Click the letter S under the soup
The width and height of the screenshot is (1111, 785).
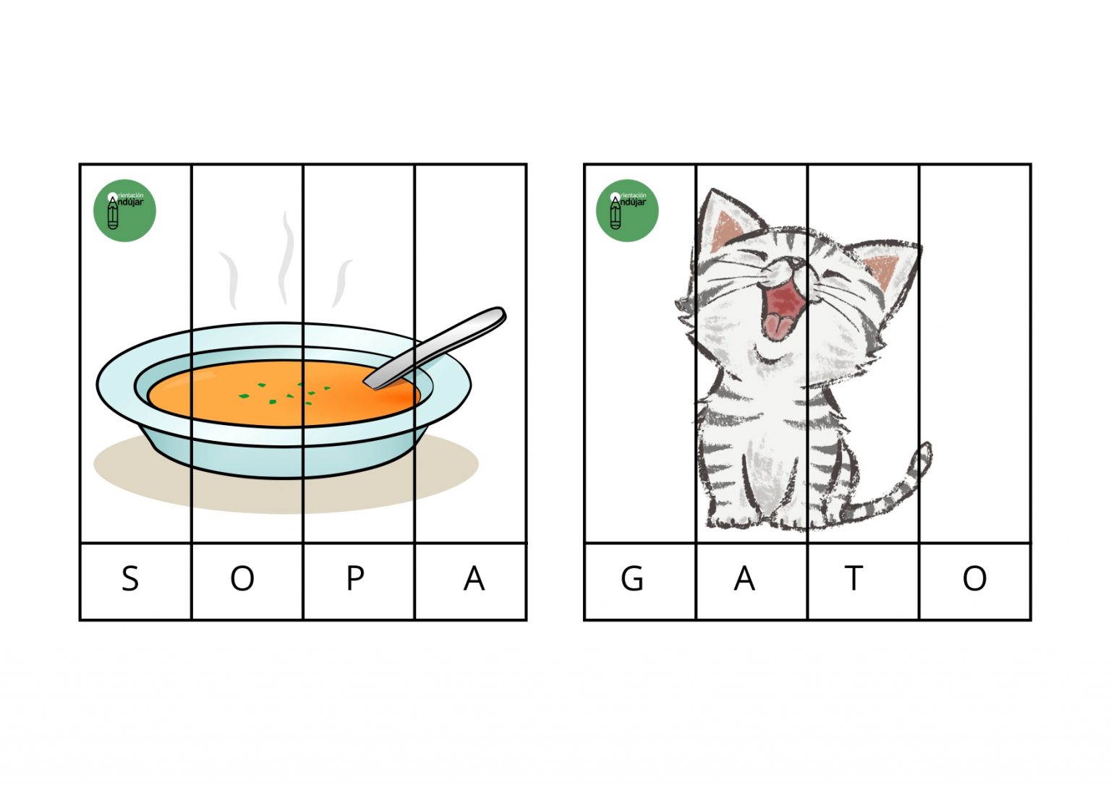click(x=130, y=578)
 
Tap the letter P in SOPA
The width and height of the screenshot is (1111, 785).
click(x=355, y=578)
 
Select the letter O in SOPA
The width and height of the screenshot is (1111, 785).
click(x=242, y=578)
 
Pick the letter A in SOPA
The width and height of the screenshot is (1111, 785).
click(x=474, y=578)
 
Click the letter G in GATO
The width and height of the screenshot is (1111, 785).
click(x=632, y=578)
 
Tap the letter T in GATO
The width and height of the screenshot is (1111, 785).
click(x=854, y=578)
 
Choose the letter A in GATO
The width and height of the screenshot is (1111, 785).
click(x=744, y=578)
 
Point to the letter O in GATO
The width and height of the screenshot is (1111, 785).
click(x=974, y=578)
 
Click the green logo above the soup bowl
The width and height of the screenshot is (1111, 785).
click(x=124, y=210)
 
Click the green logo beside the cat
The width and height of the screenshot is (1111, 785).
click(x=627, y=210)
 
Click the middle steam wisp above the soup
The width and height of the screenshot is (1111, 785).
click(x=286, y=258)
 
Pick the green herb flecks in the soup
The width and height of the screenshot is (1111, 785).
click(x=284, y=394)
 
